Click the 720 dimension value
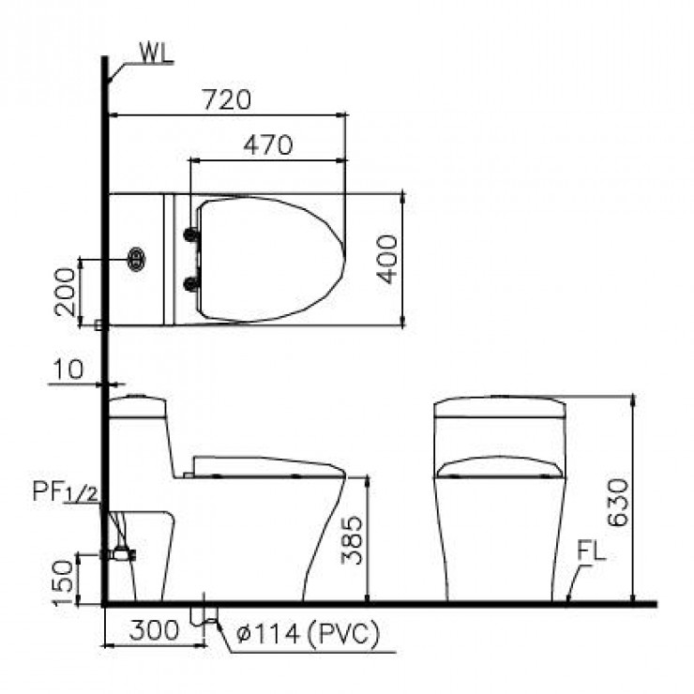coord(226,98)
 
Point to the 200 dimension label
coord(67,292)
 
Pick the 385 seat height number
coord(351,539)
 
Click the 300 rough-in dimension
coord(151,631)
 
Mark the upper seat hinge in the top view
coord(192,234)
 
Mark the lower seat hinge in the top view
coord(192,281)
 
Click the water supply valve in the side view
coord(120,553)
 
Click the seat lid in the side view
coord(267,464)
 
